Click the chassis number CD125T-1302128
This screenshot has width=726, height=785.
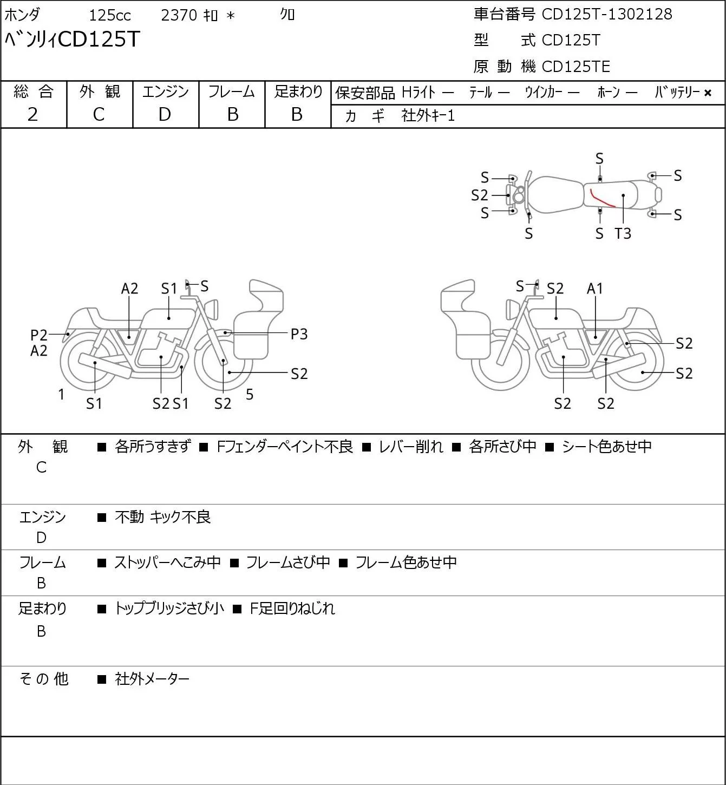(x=606, y=14)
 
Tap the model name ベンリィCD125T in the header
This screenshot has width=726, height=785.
(x=73, y=39)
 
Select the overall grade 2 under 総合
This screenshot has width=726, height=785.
(x=32, y=114)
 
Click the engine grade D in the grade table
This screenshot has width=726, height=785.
(x=165, y=114)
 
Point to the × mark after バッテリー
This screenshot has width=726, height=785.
(x=708, y=93)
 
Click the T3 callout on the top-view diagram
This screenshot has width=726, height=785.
(x=623, y=233)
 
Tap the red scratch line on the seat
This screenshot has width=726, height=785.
(x=602, y=199)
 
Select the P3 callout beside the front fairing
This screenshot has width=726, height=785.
(x=299, y=334)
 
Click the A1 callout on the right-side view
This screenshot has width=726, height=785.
(x=595, y=289)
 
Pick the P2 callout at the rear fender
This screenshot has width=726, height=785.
(x=39, y=335)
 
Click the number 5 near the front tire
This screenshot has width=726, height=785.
(x=250, y=394)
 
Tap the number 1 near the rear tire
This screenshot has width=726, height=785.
(x=61, y=394)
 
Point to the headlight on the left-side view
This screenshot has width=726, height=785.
(x=212, y=309)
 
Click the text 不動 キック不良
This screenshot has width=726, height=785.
(x=163, y=517)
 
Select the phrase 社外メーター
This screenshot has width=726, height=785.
(x=152, y=679)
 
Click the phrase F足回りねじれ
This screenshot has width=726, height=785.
(x=292, y=609)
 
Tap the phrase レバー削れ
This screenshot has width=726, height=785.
(x=411, y=447)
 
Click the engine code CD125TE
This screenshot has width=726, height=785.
(x=575, y=67)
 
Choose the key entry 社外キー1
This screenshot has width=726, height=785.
(x=428, y=116)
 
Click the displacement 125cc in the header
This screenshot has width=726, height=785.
(x=110, y=15)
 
